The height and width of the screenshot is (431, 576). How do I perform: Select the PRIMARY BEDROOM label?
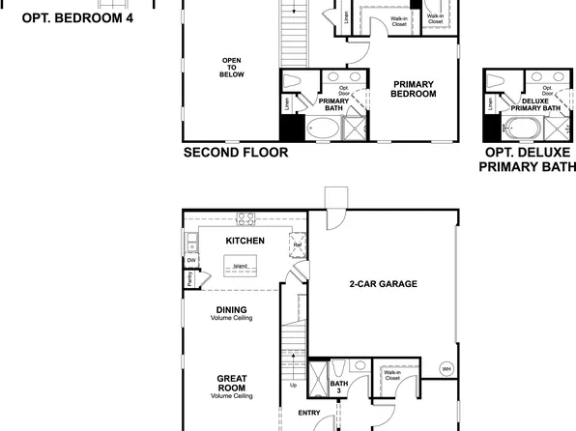coord(414,88)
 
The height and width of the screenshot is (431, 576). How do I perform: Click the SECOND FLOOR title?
coord(235,153)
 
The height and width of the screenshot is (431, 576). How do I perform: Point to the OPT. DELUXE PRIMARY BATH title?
coord(527,159)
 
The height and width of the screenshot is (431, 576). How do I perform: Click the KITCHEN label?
coord(245,240)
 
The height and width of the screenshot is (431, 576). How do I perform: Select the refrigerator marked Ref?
coord(296,246)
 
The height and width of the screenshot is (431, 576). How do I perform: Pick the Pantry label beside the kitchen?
coord(189,279)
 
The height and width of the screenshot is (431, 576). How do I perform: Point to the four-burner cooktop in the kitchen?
coord(245,217)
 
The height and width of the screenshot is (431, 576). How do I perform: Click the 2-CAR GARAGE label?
coord(383,284)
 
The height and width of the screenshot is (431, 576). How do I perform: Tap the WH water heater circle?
coord(446,368)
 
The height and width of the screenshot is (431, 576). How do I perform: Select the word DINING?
coord(232,309)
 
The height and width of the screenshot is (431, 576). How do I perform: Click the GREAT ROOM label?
coord(232,383)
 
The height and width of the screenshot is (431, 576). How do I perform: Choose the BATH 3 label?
coord(338,388)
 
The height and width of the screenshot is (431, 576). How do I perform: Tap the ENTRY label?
coord(308,412)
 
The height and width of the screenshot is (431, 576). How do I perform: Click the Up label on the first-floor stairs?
coord(295,385)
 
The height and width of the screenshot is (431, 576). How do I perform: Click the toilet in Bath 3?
coord(340,368)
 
